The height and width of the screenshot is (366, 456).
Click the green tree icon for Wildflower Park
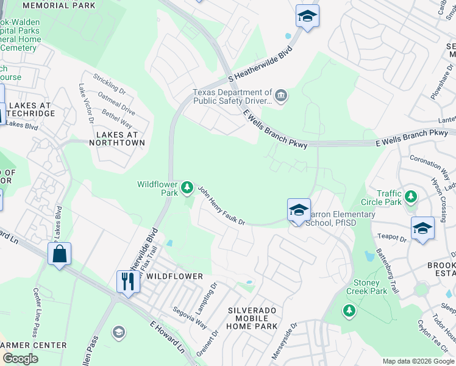click(188, 187)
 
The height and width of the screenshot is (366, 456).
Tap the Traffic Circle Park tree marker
click(412, 196)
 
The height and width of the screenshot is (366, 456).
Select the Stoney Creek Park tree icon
click(349, 310)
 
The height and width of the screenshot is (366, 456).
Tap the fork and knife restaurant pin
click(127, 281)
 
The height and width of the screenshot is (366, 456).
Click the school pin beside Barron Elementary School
click(299, 210)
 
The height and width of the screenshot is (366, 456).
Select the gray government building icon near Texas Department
click(280, 95)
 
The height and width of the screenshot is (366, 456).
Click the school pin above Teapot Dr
click(422, 229)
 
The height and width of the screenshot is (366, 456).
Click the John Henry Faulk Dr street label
click(221, 206)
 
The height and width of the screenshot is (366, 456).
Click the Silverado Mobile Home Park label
click(252, 318)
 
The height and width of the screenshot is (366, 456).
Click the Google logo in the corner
click(20, 359)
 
